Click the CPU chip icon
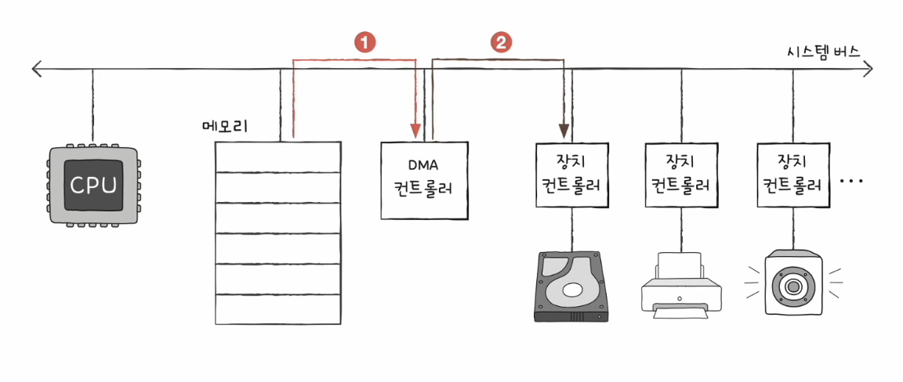click(93, 184)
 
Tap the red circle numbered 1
click(364, 42)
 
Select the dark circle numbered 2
click(500, 42)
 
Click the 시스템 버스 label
click(824, 52)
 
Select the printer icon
click(680, 283)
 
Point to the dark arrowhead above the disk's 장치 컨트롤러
click(564, 130)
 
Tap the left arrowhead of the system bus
click(38, 69)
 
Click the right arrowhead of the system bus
click(867, 69)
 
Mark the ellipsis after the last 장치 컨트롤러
click(851, 182)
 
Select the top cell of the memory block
click(277, 157)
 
